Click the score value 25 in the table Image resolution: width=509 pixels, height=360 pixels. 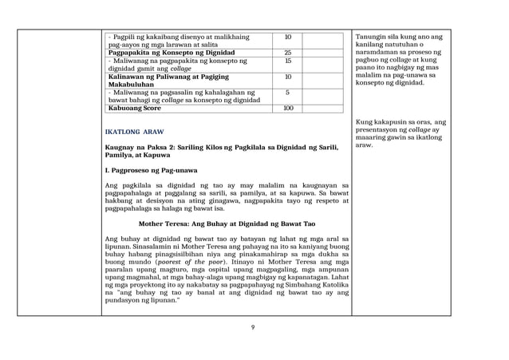[x=288, y=53]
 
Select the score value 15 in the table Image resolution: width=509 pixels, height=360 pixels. [x=288, y=61]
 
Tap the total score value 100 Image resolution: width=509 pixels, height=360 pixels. [x=288, y=108]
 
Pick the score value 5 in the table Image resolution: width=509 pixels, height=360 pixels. [x=288, y=92]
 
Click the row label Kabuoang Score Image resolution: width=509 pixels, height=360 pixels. [x=135, y=108]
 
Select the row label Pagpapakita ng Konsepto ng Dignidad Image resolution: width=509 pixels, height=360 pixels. [x=167, y=53]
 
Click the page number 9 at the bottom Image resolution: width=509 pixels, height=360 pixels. [x=252, y=326]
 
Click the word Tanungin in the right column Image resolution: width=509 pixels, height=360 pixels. [x=370, y=38]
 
